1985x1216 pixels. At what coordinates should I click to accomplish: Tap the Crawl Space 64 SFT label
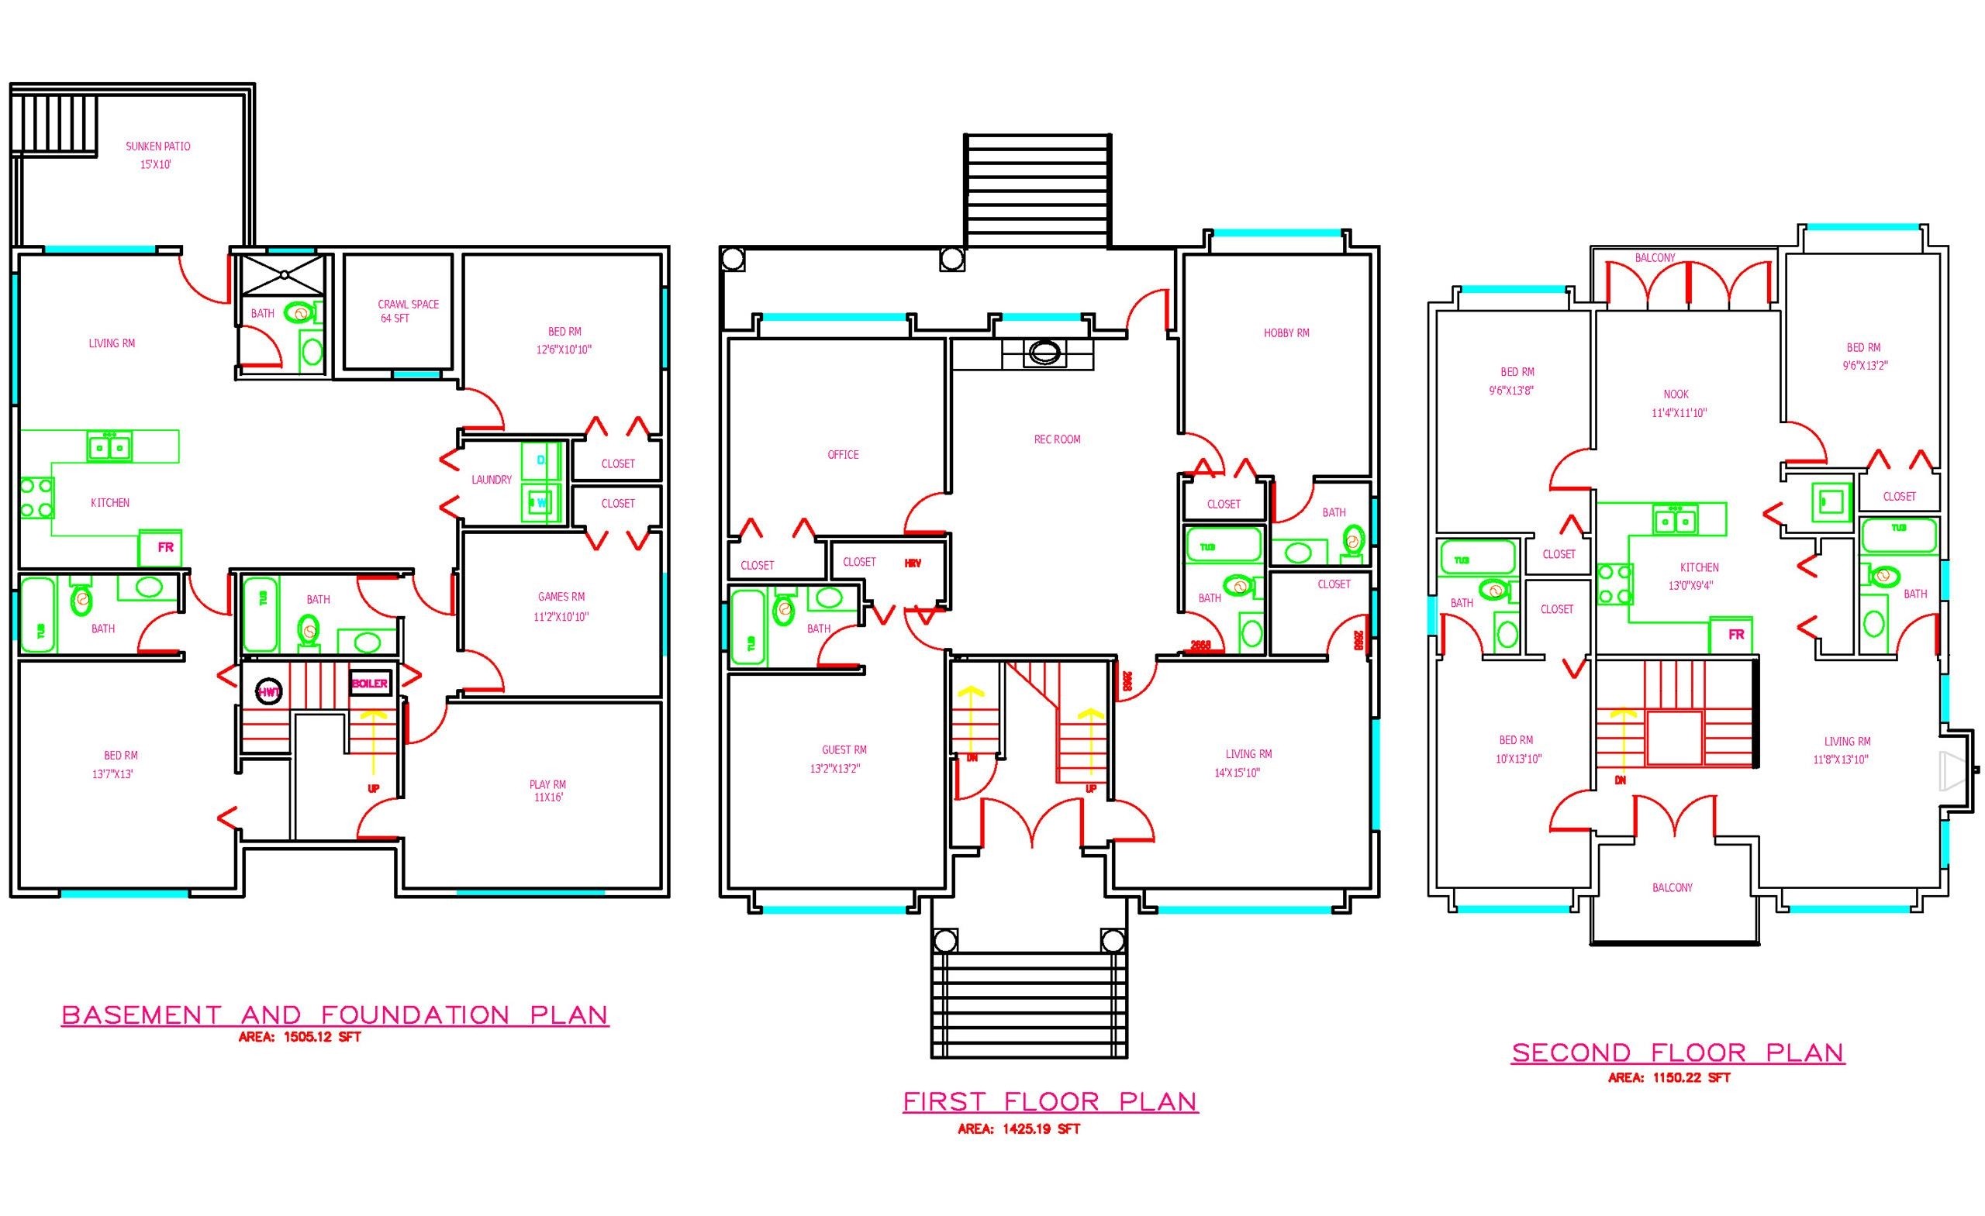(408, 311)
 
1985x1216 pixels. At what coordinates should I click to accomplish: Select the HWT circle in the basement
(268, 692)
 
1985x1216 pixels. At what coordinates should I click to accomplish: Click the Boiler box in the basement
(370, 683)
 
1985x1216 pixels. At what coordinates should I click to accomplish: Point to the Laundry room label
(492, 480)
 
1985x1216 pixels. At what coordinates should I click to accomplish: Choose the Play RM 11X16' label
(547, 791)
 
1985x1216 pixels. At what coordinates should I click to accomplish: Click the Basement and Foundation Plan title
(335, 1014)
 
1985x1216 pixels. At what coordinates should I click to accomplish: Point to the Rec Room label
(1057, 439)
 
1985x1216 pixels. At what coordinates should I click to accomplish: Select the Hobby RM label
(1286, 332)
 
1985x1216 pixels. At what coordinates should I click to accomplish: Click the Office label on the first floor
(843, 455)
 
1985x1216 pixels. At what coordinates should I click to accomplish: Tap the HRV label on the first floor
(912, 563)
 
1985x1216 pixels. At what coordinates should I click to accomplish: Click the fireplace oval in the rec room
(1043, 352)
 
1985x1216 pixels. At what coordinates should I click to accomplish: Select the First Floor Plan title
(1051, 1101)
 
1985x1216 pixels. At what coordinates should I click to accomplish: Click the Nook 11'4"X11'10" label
(1679, 404)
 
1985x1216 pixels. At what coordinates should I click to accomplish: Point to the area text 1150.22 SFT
(1670, 1077)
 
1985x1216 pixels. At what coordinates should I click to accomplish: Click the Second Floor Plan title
(1677, 1052)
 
